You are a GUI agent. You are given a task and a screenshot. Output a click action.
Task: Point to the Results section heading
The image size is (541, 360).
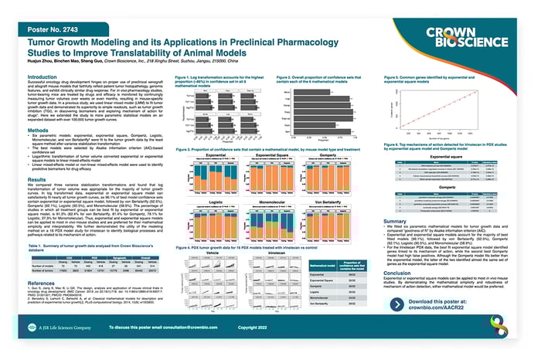39,199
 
